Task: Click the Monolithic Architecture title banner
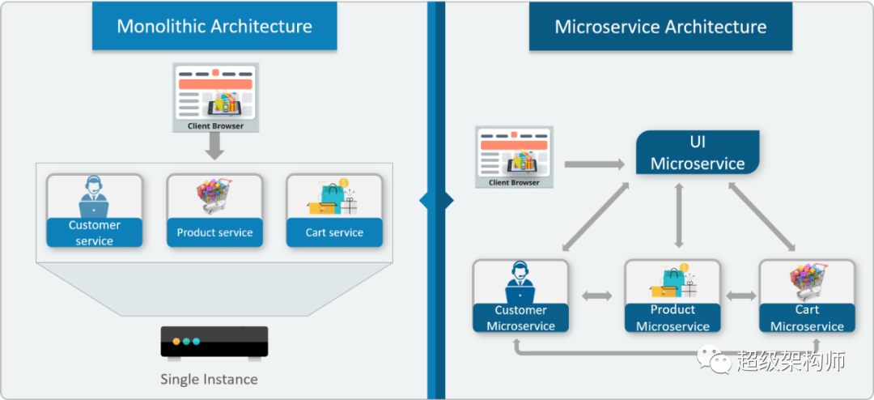[x=214, y=26]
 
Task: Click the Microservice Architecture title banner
[x=660, y=26]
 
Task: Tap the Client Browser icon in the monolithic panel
[x=215, y=96]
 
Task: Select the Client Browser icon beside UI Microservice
[x=514, y=157]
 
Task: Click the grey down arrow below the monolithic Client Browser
[x=215, y=147]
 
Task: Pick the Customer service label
[x=95, y=232]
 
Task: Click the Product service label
[x=215, y=232]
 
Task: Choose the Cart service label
[x=334, y=232]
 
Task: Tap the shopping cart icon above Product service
[x=214, y=197]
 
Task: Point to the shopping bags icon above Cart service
[x=333, y=197]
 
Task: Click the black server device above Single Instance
[x=214, y=342]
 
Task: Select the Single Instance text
[x=209, y=379]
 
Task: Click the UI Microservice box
[x=697, y=153]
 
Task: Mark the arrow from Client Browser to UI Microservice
[x=595, y=164]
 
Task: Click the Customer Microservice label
[x=520, y=318]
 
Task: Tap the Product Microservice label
[x=672, y=318]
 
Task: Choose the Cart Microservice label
[x=807, y=318]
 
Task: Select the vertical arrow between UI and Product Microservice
[x=679, y=215]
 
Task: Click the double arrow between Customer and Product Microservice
[x=597, y=296]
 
